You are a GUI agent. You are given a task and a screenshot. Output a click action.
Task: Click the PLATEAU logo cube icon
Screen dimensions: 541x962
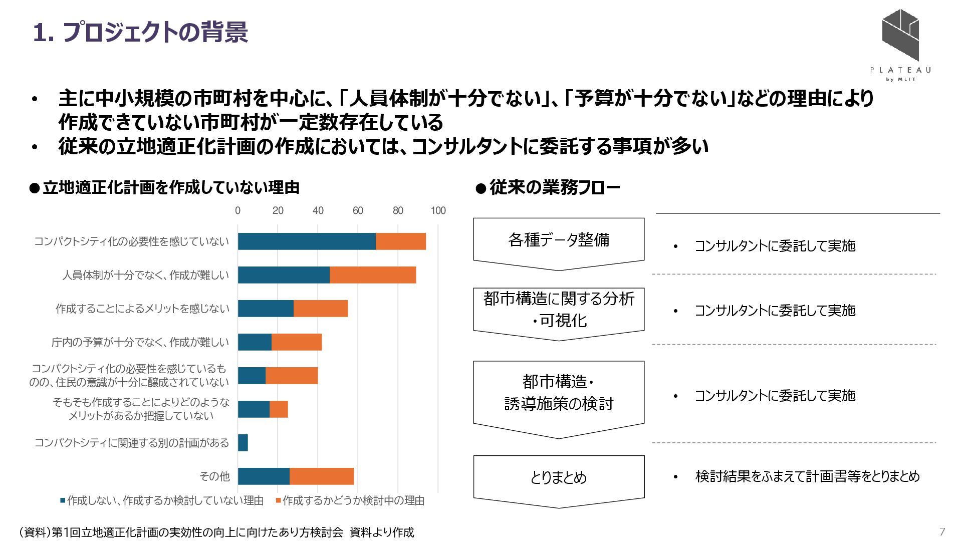[x=900, y=36]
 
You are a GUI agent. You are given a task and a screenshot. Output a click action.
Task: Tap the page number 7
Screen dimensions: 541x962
[x=942, y=531]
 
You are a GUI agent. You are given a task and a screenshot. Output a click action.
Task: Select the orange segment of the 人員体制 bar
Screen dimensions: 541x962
[x=373, y=275]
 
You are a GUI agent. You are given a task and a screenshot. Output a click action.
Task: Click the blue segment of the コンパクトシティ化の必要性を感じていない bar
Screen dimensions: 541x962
[x=307, y=241]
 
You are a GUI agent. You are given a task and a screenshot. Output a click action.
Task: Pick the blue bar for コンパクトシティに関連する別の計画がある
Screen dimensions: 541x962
[x=243, y=443]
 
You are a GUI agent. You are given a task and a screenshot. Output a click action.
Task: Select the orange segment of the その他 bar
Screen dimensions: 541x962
[x=322, y=476]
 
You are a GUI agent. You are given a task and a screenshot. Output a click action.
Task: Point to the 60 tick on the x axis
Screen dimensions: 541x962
[x=358, y=210]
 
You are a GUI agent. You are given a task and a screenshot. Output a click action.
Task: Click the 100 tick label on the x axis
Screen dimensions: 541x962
[x=438, y=210]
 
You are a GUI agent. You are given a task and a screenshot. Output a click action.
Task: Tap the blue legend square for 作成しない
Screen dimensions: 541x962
[x=63, y=500]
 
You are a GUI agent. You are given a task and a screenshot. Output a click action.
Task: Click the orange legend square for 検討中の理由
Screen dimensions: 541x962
[x=278, y=500]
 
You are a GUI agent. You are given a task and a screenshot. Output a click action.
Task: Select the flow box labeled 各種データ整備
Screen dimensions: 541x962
[x=559, y=240]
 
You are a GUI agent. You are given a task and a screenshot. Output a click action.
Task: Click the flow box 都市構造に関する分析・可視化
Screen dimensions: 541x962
[x=559, y=310]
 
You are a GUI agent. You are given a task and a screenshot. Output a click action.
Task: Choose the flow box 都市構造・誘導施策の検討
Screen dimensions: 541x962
[x=559, y=393]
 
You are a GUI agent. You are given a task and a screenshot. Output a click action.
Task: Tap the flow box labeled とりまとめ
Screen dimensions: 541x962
[x=559, y=477]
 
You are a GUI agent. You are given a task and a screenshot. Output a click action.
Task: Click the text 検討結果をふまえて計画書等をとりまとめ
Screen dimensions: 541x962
[x=807, y=476]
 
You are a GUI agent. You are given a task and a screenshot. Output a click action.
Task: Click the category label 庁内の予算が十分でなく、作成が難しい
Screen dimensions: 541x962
[x=140, y=342]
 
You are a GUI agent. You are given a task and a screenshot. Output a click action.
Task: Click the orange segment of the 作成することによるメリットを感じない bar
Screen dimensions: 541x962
[x=321, y=309]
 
